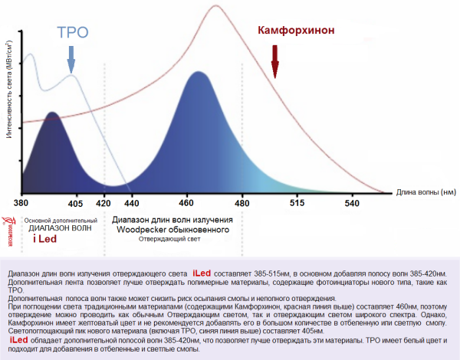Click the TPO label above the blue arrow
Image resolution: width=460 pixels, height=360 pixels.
(73, 33)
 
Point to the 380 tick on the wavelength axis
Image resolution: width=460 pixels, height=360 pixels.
(21, 203)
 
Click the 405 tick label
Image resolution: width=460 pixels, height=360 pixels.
(75, 203)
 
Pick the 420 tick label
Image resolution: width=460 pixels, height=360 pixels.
(104, 203)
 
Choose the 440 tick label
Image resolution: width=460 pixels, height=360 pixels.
(132, 203)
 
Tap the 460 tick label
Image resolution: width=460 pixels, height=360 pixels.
(187, 203)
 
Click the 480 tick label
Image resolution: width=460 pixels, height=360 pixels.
(242, 203)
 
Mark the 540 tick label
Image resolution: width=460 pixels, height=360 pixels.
(351, 203)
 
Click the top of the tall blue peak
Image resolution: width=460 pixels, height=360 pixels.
(199, 73)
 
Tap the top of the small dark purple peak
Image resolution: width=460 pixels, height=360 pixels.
(51, 113)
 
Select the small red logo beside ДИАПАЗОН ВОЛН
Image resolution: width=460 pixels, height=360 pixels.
(8, 226)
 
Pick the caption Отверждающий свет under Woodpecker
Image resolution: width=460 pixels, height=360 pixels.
(169, 240)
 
